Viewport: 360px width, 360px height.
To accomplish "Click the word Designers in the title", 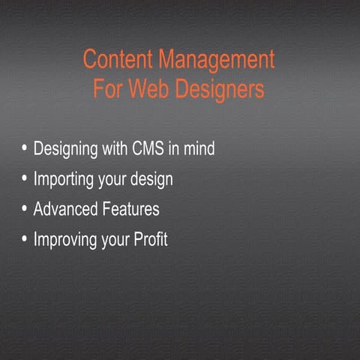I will [217, 91].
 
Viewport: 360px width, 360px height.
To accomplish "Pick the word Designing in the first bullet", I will [65, 149].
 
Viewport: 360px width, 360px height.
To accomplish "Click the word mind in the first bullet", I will [199, 148].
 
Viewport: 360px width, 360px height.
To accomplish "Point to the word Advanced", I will [65, 209].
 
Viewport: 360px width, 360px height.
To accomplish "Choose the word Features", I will [131, 209].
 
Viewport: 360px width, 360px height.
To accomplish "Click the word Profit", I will [150, 240].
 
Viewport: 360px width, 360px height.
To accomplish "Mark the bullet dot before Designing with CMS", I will [25, 148].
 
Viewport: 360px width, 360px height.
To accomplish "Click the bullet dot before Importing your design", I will [25, 179].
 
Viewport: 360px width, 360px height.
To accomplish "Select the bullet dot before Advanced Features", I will [25, 209].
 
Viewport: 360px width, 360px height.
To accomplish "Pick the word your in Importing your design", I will [113, 181].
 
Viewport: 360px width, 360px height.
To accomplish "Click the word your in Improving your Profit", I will [114, 241].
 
